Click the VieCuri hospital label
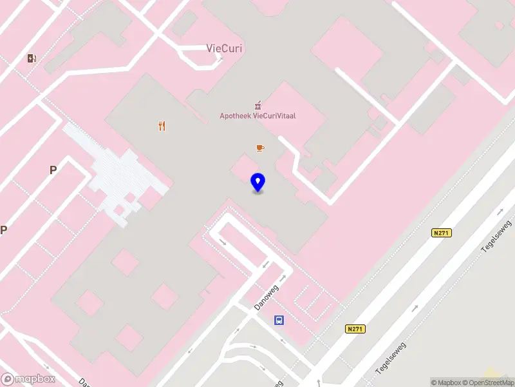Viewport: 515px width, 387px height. click(224, 48)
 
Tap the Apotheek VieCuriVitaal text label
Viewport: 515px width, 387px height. click(262, 116)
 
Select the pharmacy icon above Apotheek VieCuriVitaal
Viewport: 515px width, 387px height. click(258, 105)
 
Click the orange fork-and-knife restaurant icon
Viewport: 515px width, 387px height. click(162, 126)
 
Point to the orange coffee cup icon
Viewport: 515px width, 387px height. click(260, 148)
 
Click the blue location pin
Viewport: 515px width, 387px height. click(257, 183)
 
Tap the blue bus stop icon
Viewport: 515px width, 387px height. click(279, 320)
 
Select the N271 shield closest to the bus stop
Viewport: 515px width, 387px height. click(355, 329)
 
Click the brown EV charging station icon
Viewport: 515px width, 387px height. click(32, 59)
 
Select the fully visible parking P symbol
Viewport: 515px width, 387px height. click(53, 170)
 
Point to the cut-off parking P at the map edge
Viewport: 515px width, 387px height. click(3, 230)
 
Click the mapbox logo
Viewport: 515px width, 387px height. click(28, 379)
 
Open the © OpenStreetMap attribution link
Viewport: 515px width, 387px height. click(487, 382)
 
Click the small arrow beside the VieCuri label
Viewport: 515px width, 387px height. click(220, 59)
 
